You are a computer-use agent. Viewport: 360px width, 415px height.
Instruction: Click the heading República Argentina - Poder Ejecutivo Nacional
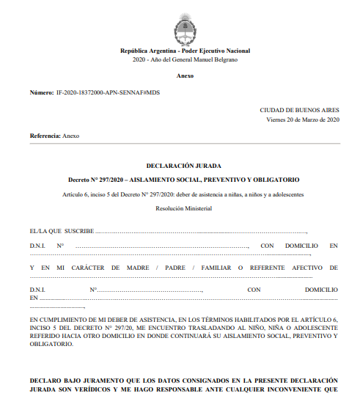(185, 51)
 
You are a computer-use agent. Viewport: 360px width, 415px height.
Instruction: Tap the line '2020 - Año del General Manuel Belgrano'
(185, 59)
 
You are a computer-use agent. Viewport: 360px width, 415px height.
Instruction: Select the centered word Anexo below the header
(185, 76)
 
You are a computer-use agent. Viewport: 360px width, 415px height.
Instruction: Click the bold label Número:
(41, 94)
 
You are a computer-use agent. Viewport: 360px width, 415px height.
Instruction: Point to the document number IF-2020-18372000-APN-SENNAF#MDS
(103, 94)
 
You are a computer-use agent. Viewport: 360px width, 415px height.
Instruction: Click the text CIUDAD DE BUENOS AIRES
(299, 110)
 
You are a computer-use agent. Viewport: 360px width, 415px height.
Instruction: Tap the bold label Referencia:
(45, 136)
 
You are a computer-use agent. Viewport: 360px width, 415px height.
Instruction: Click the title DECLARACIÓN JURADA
(184, 166)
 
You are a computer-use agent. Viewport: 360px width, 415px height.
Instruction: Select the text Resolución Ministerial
(184, 209)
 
